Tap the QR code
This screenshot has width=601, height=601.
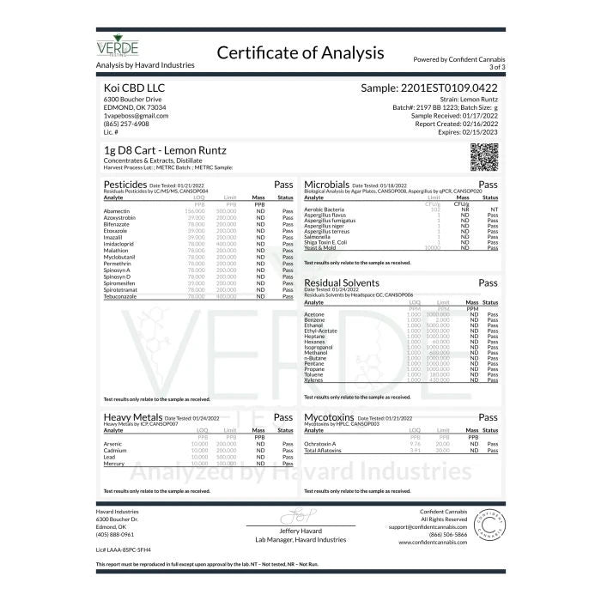coord(484,158)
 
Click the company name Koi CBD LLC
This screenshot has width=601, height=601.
coord(130,88)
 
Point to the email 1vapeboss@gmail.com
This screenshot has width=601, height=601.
coord(136,115)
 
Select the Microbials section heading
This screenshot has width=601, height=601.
coord(326,185)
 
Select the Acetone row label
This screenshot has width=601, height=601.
coord(313,314)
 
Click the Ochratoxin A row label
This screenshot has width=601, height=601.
coord(320,443)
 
